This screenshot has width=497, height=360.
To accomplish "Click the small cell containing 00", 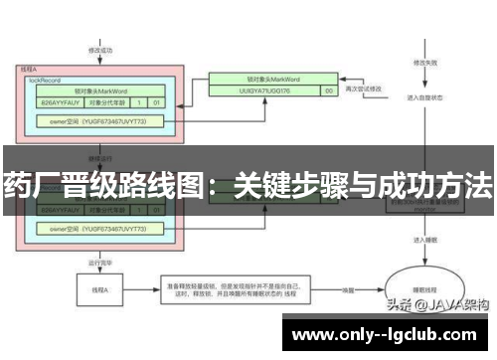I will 329,90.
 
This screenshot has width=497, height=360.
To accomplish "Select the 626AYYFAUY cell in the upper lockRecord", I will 59,101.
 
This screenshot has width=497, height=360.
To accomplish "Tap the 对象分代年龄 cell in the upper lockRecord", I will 107,101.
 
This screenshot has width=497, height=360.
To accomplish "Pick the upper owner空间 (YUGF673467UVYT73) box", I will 102,120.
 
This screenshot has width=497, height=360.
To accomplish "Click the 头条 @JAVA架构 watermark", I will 438,306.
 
